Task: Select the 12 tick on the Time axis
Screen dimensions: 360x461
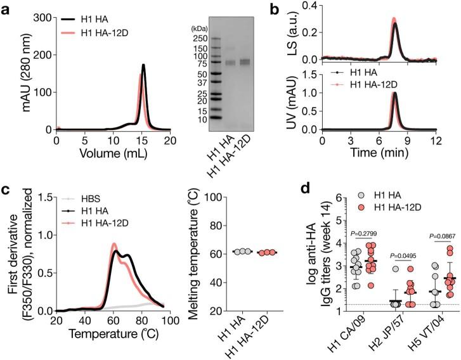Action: [436, 140]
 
